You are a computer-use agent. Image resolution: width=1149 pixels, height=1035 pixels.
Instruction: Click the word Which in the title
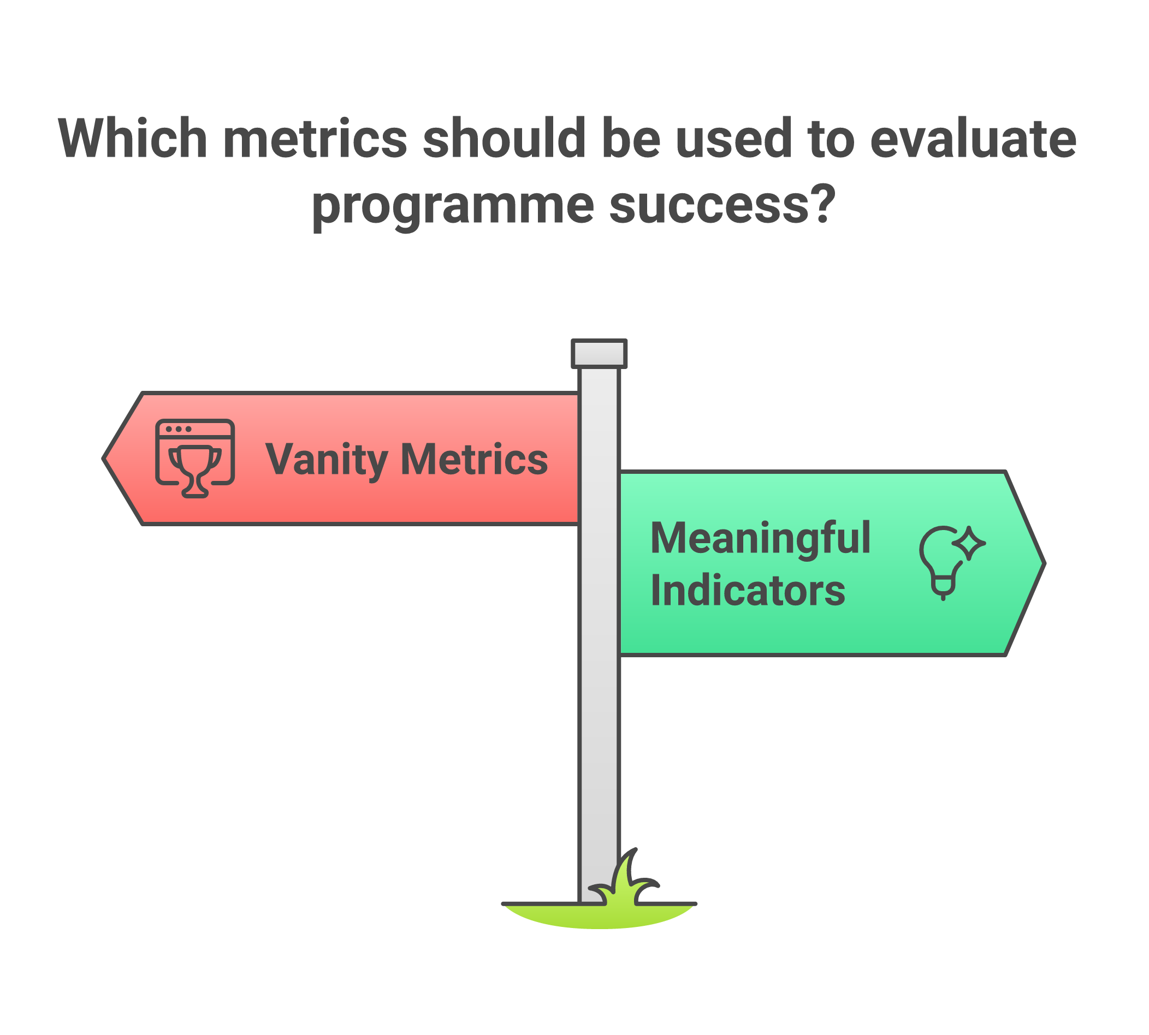click(133, 138)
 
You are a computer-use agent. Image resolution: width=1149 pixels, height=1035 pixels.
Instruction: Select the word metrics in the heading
click(315, 138)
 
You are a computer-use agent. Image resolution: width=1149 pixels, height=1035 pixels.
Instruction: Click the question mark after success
click(822, 204)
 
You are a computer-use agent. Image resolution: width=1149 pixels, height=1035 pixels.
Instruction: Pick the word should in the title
click(504, 138)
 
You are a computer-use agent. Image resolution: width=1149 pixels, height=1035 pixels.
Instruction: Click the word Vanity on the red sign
click(327, 460)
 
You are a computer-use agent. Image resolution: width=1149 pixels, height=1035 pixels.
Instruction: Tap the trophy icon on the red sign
click(195, 469)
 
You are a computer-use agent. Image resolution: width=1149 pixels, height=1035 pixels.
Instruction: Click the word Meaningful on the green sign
click(760, 538)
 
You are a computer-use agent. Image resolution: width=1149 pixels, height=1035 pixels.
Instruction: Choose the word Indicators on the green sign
click(748, 590)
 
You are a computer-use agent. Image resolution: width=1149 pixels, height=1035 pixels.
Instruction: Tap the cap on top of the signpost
click(599, 353)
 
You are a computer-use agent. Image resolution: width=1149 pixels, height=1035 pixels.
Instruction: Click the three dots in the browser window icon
click(179, 429)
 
